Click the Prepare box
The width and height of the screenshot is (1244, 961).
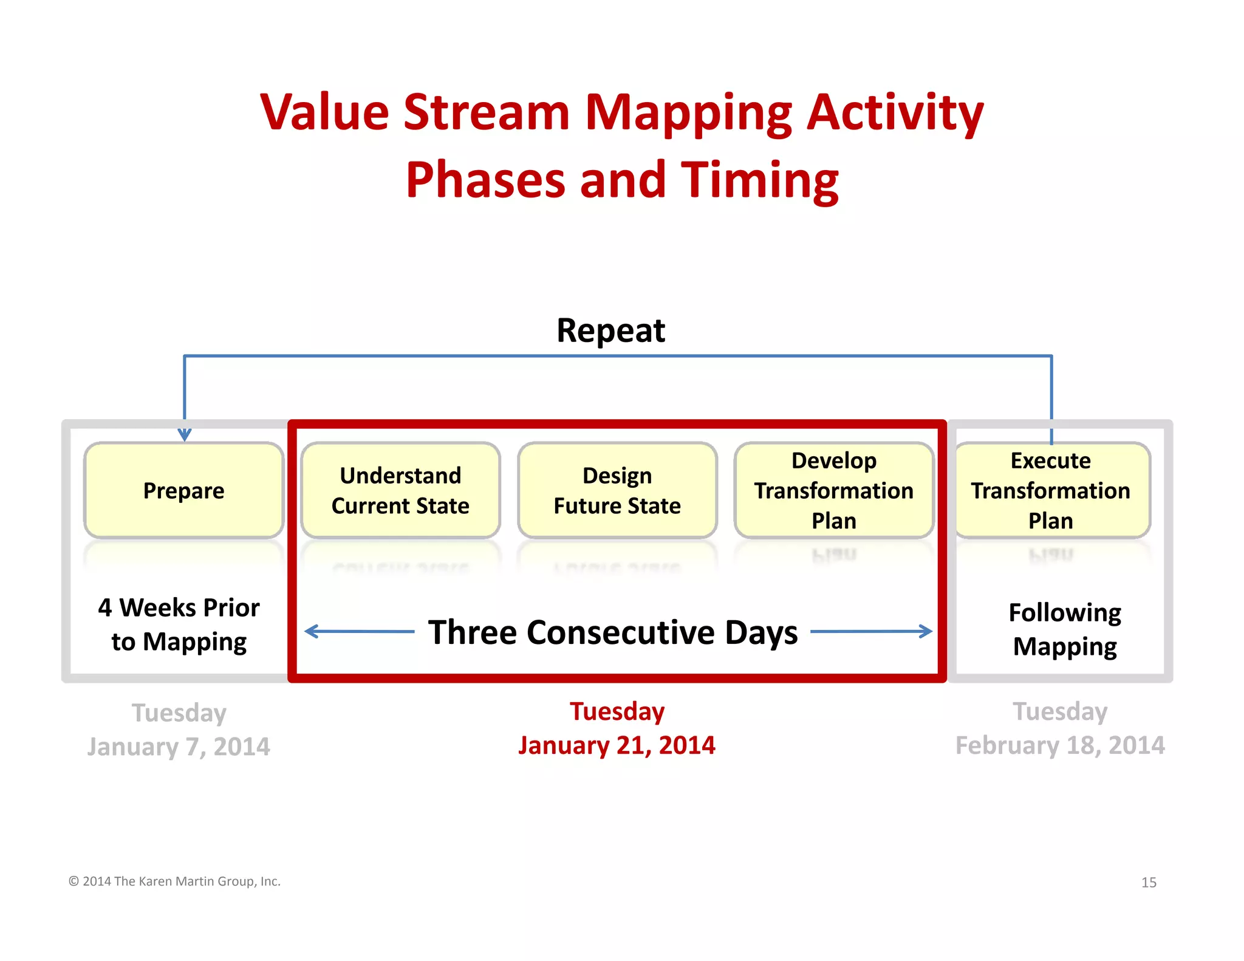[x=183, y=490]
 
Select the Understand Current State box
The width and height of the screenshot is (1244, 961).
[x=400, y=490]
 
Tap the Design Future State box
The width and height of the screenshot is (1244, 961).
[x=617, y=490]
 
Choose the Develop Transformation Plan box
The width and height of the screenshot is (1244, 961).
[x=833, y=490]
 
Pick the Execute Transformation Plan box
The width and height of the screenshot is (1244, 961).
[x=1051, y=490]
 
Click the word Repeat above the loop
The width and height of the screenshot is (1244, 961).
[x=610, y=331]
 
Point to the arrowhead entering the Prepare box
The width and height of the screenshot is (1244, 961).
[x=185, y=435]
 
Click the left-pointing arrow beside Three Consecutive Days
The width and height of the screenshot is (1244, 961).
[x=358, y=632]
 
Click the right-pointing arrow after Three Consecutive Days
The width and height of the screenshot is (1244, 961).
[x=872, y=632]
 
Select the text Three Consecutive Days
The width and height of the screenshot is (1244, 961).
[x=612, y=632]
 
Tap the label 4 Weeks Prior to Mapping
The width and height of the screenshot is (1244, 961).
[x=179, y=624]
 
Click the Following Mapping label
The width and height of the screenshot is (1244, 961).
[x=1064, y=629]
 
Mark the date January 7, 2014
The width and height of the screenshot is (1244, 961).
[x=179, y=747]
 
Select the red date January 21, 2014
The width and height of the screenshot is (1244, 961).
[x=617, y=745]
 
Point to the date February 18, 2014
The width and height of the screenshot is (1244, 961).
[x=1060, y=745]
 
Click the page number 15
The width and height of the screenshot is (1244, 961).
[x=1148, y=883]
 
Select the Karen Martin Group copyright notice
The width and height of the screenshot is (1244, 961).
[x=174, y=881]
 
